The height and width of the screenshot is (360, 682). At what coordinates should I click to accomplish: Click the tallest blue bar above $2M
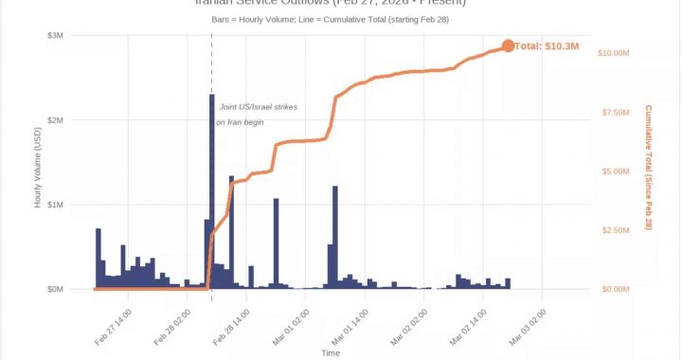[212, 189]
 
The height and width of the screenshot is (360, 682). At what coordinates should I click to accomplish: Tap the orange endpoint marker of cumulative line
[508, 45]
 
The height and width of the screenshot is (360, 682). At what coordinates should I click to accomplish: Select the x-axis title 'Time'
[331, 352]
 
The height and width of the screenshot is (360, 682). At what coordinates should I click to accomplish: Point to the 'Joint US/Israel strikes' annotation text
[258, 107]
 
